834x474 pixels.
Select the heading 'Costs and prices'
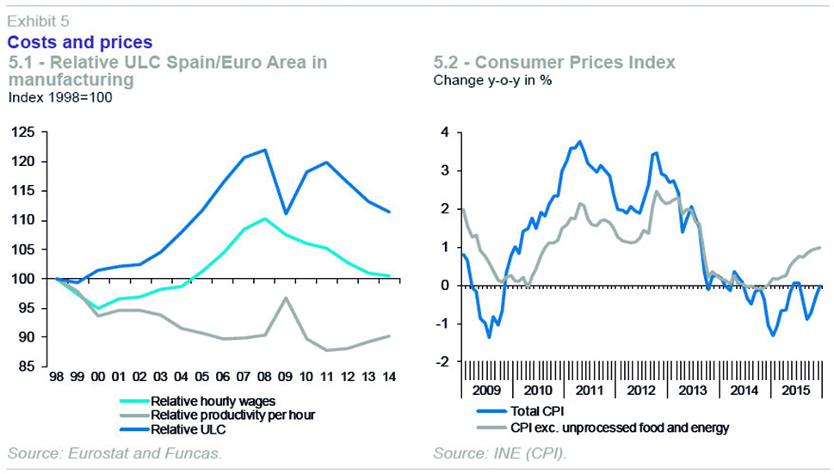click(79, 42)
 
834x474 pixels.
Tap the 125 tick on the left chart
click(24, 132)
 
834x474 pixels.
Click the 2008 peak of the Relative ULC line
click(264, 150)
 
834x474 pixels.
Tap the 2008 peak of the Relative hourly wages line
click(264, 219)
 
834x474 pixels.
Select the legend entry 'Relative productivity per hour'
click(232, 415)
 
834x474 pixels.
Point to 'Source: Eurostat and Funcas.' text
click(114, 453)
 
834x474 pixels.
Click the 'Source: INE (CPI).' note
click(498, 453)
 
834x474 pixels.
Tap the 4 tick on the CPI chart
click(445, 132)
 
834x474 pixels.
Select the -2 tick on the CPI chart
click(442, 362)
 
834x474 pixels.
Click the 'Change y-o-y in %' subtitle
click(492, 81)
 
